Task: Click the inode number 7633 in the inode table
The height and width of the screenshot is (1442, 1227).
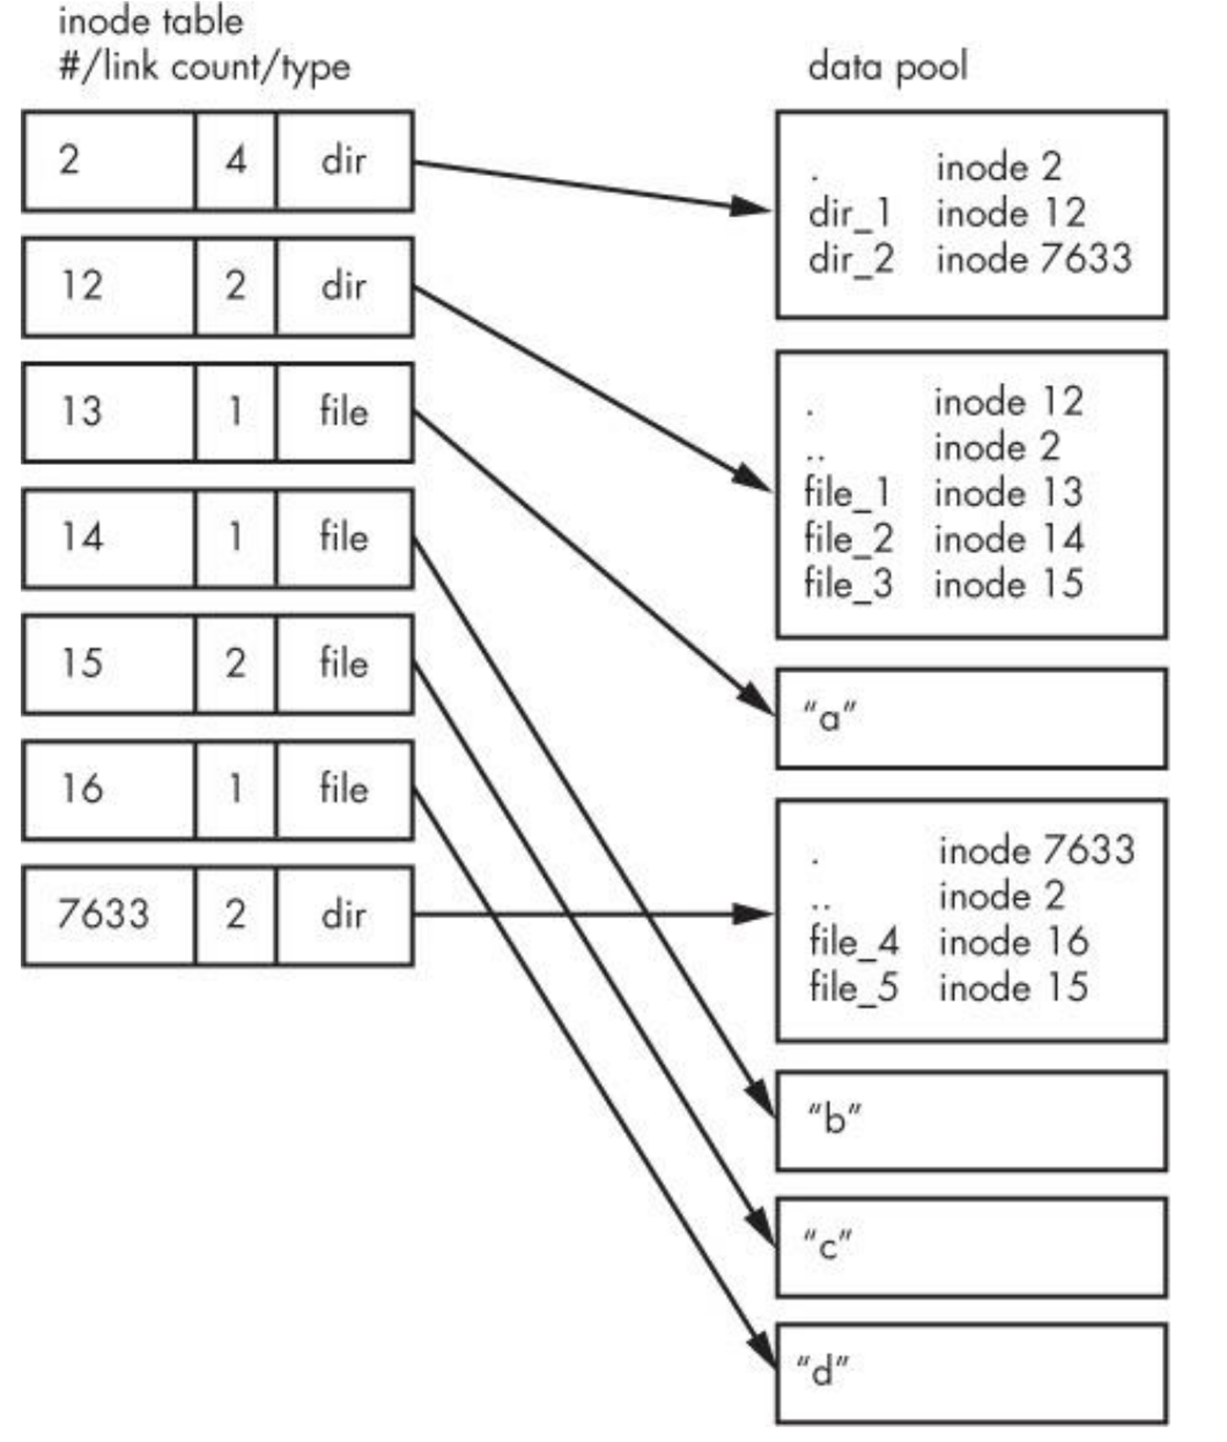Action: pos(103,914)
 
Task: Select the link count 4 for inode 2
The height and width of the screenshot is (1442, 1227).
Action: pos(236,160)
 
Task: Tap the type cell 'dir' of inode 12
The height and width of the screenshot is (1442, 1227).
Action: pos(344,286)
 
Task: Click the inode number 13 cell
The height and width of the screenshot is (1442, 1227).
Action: pos(82,412)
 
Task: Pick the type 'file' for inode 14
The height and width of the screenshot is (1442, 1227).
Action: pos(344,538)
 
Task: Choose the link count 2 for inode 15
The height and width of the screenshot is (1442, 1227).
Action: pos(236,663)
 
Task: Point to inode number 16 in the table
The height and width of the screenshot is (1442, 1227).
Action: pos(82,789)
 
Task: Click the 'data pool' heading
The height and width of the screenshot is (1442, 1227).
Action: pos(887,67)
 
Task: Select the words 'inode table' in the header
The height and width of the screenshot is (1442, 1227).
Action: pos(151,22)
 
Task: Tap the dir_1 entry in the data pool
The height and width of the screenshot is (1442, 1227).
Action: pos(850,214)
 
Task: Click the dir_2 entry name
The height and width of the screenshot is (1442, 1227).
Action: pos(851,260)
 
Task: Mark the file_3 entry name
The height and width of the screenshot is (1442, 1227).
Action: pos(849,584)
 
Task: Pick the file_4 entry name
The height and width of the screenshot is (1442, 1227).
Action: pos(854,942)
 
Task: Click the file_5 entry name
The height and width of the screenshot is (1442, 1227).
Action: pos(854,987)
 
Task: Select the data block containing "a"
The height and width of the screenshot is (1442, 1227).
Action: pos(971,718)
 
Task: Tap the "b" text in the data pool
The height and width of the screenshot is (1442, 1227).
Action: pos(834,1118)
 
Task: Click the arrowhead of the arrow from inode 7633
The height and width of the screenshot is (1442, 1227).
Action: pos(753,914)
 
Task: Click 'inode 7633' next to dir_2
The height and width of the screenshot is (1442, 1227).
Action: pos(1034,260)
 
